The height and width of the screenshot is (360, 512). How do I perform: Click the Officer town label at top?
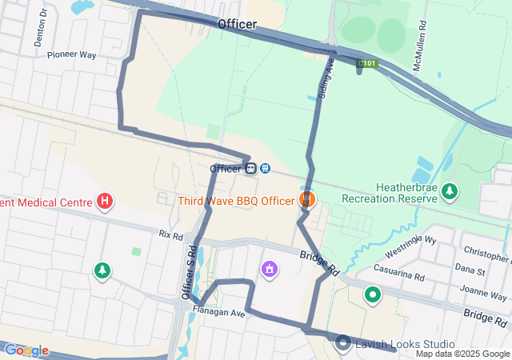click(237, 25)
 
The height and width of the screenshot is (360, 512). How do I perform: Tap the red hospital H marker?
click(103, 201)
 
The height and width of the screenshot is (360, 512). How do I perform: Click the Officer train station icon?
click(251, 169)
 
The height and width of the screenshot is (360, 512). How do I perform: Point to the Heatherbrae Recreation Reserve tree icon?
click(450, 191)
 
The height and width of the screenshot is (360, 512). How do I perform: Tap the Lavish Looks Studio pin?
click(343, 343)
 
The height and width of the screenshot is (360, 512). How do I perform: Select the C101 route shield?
click(367, 62)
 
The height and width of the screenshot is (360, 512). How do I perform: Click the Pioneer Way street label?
click(71, 55)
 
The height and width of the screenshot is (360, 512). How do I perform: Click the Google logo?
click(26, 350)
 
